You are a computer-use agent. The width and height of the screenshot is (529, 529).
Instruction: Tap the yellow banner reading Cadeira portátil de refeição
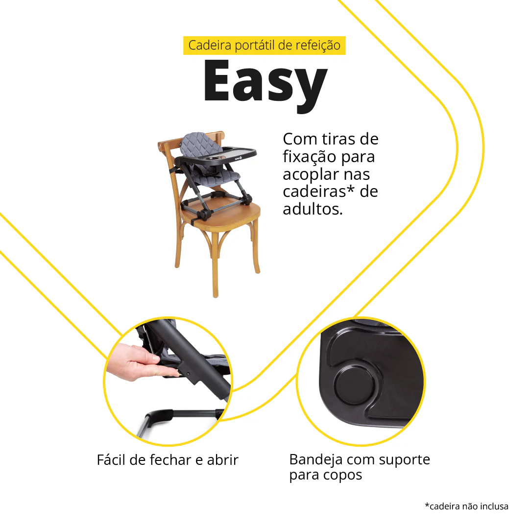pyautogui.click(x=264, y=45)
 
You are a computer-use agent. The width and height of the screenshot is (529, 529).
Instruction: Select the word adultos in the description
pyautogui.click(x=313, y=209)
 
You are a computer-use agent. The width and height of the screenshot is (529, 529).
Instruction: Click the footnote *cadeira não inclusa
pyautogui.click(x=467, y=506)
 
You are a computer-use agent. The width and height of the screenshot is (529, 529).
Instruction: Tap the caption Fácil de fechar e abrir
pyautogui.click(x=168, y=460)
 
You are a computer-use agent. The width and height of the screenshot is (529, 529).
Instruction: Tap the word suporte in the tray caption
pyautogui.click(x=405, y=460)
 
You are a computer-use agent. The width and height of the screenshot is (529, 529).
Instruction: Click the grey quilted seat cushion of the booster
pyautogui.click(x=216, y=175)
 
